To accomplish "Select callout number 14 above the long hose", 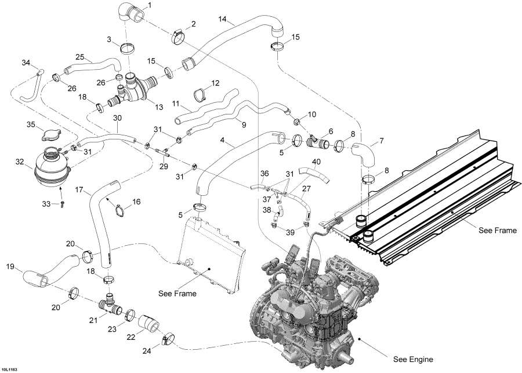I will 223,20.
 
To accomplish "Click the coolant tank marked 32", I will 53,168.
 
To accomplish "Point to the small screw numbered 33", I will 63,204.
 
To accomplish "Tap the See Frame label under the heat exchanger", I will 497,231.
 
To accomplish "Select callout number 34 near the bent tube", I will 26,62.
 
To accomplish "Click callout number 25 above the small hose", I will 79,56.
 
